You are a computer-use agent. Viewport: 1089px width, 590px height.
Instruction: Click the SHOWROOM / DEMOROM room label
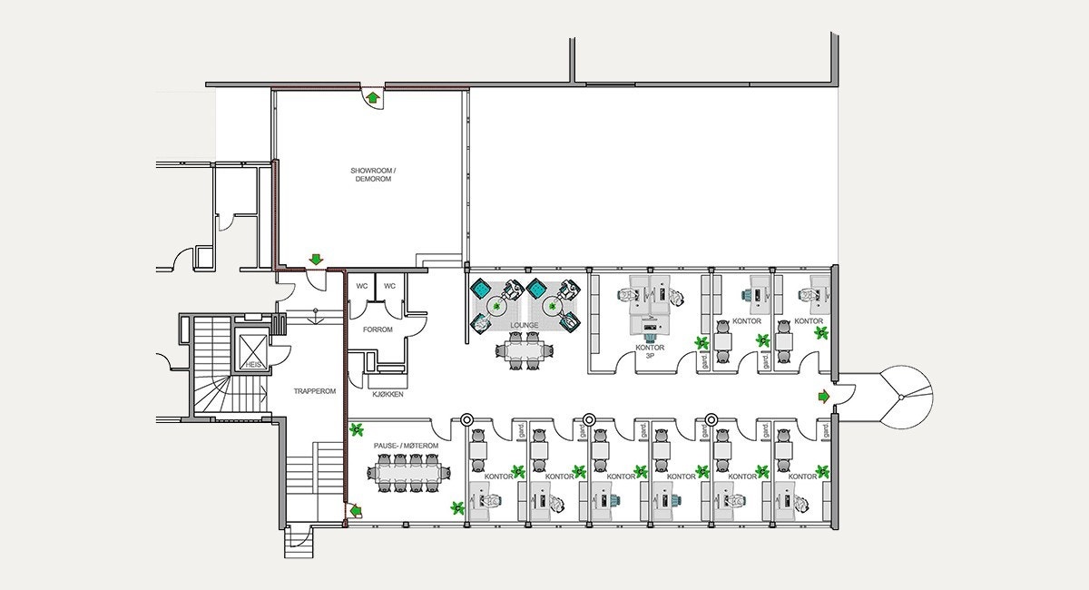click(x=372, y=175)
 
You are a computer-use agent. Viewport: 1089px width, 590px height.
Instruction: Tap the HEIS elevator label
click(x=252, y=364)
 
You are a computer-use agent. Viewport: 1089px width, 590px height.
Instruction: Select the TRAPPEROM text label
click(x=315, y=391)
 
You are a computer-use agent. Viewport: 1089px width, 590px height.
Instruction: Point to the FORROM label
click(x=377, y=329)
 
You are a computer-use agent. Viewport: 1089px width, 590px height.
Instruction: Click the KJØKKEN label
click(x=388, y=395)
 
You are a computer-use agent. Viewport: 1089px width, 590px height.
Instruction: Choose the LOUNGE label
click(x=524, y=325)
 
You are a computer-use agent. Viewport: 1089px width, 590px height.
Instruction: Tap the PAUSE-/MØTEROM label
click(x=406, y=447)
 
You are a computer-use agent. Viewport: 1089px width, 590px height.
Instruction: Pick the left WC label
click(x=362, y=286)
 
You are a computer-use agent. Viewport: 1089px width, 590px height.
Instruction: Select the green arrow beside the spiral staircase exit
click(x=823, y=396)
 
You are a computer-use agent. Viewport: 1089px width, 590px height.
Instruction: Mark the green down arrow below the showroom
click(x=315, y=261)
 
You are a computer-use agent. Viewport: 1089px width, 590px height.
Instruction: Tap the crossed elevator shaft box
click(x=252, y=342)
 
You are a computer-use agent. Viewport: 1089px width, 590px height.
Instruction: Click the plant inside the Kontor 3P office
click(x=701, y=342)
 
